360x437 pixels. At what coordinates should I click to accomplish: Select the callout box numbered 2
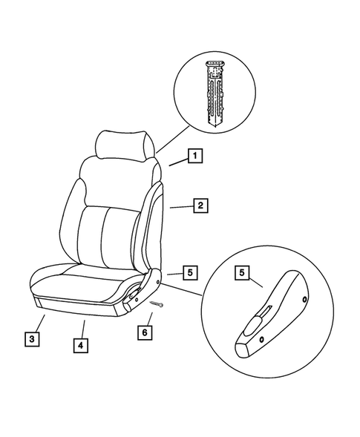200,206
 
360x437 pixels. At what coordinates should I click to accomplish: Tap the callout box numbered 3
30,340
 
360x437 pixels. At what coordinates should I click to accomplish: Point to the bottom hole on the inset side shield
262,340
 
